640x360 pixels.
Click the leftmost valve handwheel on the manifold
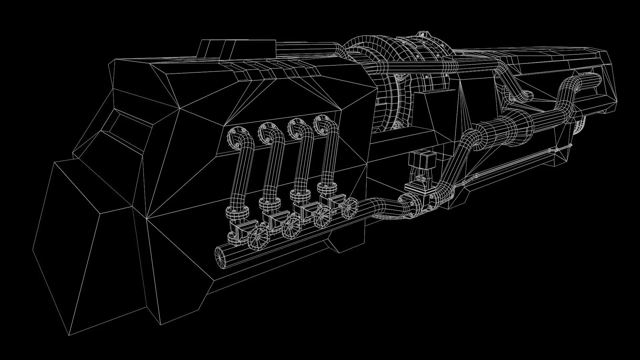tap(258, 237)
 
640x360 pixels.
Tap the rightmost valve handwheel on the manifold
tap(349, 207)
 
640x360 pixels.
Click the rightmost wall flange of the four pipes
tap(321, 124)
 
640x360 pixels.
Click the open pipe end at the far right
tap(595, 80)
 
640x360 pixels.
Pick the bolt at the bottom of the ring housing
tap(397, 126)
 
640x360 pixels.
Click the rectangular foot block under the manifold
tap(347, 240)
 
